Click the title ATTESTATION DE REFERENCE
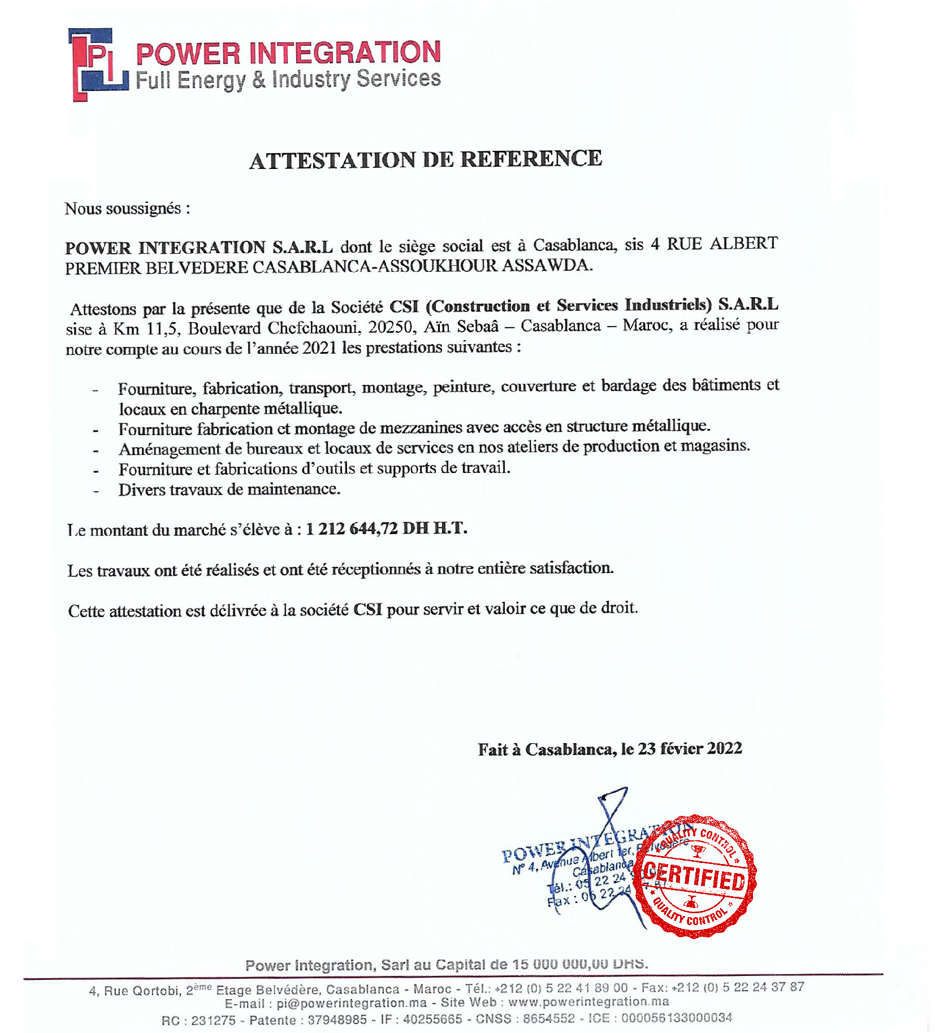point(426,159)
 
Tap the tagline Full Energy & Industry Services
point(288,80)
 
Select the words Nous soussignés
point(123,209)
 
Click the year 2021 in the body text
point(319,348)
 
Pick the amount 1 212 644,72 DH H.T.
point(386,528)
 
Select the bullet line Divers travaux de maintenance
point(229,489)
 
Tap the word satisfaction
point(571,568)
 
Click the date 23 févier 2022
point(690,749)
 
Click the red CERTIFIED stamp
point(695,876)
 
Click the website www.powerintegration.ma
point(588,1002)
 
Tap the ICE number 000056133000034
point(676,1018)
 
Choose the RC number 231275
point(213,1020)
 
